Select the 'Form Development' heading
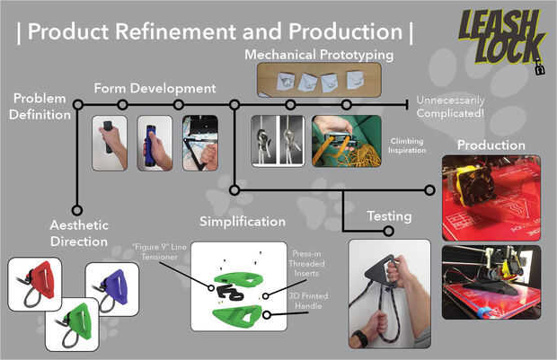tap(155, 88)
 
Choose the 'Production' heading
tap(491, 145)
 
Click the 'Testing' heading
tap(389, 216)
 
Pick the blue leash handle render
tap(111, 288)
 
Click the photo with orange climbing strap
tap(346, 142)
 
